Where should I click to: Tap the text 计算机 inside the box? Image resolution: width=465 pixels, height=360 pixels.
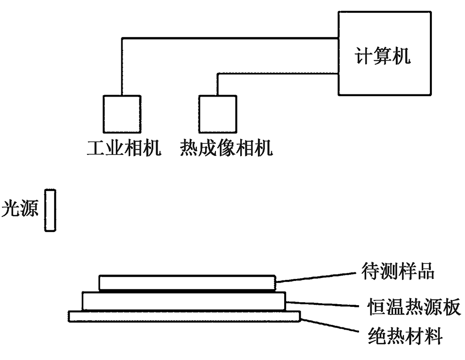click(x=383, y=55)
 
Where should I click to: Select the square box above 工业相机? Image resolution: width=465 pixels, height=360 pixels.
click(x=121, y=115)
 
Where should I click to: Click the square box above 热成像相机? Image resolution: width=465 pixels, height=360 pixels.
click(x=218, y=115)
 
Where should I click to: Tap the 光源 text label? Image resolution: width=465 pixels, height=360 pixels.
click(x=20, y=210)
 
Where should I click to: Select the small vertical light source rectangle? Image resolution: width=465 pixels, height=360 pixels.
click(x=50, y=210)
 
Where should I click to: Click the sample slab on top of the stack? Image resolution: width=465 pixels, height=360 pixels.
click(x=187, y=283)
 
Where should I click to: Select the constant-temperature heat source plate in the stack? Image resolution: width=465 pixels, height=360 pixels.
click(x=183, y=302)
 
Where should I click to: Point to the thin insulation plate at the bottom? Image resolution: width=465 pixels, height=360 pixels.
click(x=184, y=316)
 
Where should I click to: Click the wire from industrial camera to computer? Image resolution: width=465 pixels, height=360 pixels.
click(x=227, y=38)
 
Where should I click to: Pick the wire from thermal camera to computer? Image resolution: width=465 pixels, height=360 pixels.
click(x=279, y=74)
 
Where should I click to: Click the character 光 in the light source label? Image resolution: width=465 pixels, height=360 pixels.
click(x=10, y=210)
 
